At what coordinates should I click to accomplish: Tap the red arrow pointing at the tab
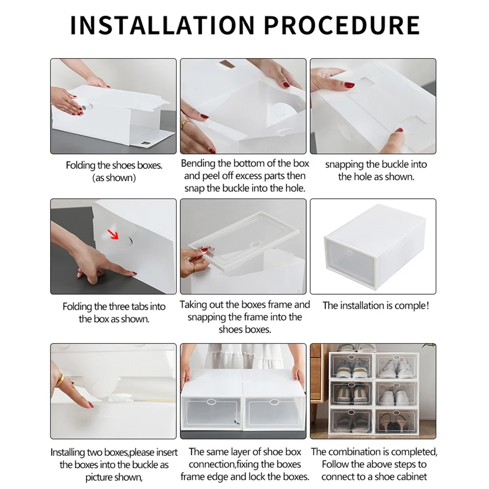pyautogui.click(x=113, y=235)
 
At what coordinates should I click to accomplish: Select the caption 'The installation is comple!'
pyautogui.click(x=375, y=306)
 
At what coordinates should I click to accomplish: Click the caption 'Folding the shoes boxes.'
pyautogui.click(x=114, y=166)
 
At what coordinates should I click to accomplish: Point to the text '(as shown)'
pyautogui.click(x=114, y=178)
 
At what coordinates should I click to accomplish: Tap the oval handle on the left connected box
pyautogui.click(x=211, y=402)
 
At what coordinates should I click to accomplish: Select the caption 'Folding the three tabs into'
pyautogui.click(x=114, y=307)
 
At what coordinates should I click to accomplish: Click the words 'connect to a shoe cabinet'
pyautogui.click(x=374, y=476)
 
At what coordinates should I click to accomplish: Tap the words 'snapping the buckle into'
pyautogui.click(x=376, y=165)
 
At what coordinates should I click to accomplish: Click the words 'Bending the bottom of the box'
pyautogui.click(x=245, y=163)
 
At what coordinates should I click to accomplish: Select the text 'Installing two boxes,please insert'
pyautogui.click(x=114, y=452)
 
